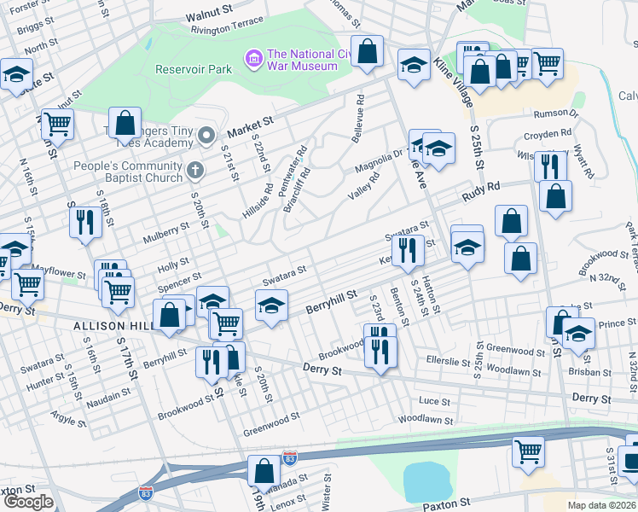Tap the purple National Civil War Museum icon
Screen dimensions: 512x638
[253, 58]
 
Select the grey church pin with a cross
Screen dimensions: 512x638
[195, 169]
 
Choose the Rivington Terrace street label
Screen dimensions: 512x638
[228, 29]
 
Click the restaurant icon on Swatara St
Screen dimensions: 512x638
[409, 249]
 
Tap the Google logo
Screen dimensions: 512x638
[28, 502]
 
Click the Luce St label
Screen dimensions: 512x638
[434, 400]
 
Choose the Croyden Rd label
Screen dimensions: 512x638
[548, 135]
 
